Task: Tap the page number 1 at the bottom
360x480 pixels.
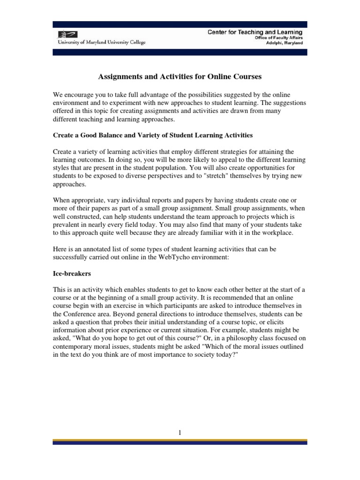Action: click(180, 432)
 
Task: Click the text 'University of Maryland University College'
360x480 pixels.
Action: click(102, 43)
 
